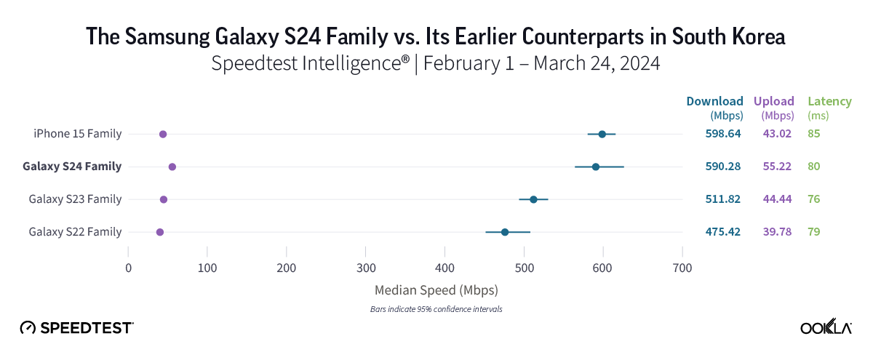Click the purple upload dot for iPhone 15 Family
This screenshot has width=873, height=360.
(163, 135)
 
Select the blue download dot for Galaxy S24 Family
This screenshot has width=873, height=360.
(596, 167)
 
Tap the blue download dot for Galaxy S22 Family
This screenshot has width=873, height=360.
(505, 232)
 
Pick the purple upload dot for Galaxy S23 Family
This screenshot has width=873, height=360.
(164, 199)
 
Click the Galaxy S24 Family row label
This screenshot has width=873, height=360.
(72, 167)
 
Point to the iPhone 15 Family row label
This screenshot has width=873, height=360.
(78, 134)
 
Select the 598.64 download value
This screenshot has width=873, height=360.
(723, 134)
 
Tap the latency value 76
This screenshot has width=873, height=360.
(814, 199)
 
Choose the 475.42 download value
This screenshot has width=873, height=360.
(723, 232)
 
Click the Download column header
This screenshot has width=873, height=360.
(715, 101)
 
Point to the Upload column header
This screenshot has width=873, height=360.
(774, 101)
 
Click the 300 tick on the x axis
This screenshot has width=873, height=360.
(366, 268)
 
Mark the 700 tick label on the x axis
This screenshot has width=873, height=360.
(682, 268)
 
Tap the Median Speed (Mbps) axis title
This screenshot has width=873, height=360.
(436, 290)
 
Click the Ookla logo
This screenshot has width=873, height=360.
(826, 328)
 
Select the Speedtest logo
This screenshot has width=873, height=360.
(76, 328)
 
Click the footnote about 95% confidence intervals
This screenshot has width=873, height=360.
(436, 309)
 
